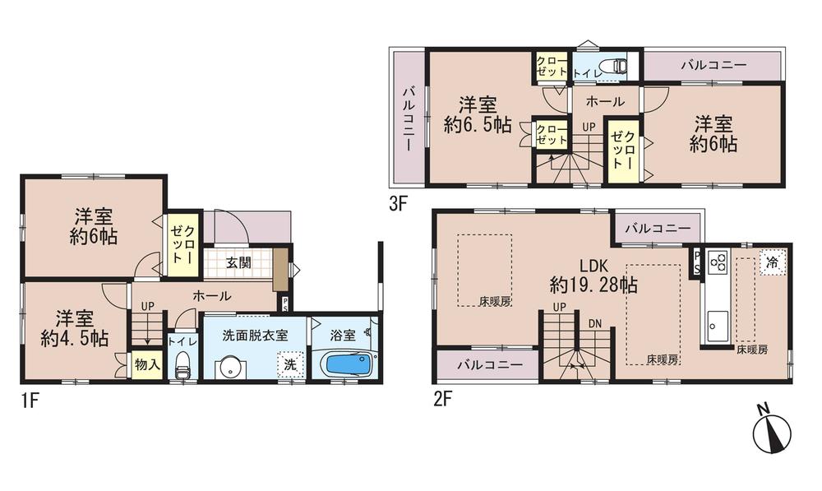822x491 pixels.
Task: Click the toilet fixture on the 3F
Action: [x=613, y=66]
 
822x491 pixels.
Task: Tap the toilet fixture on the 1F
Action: [x=182, y=364]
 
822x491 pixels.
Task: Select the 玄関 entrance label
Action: [x=239, y=264]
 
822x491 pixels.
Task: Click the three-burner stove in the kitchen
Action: [x=717, y=263]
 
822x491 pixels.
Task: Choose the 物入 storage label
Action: [x=147, y=364]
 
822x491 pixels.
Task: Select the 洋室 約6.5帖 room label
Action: [x=477, y=115]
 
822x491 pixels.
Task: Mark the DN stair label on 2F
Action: [x=594, y=323]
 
